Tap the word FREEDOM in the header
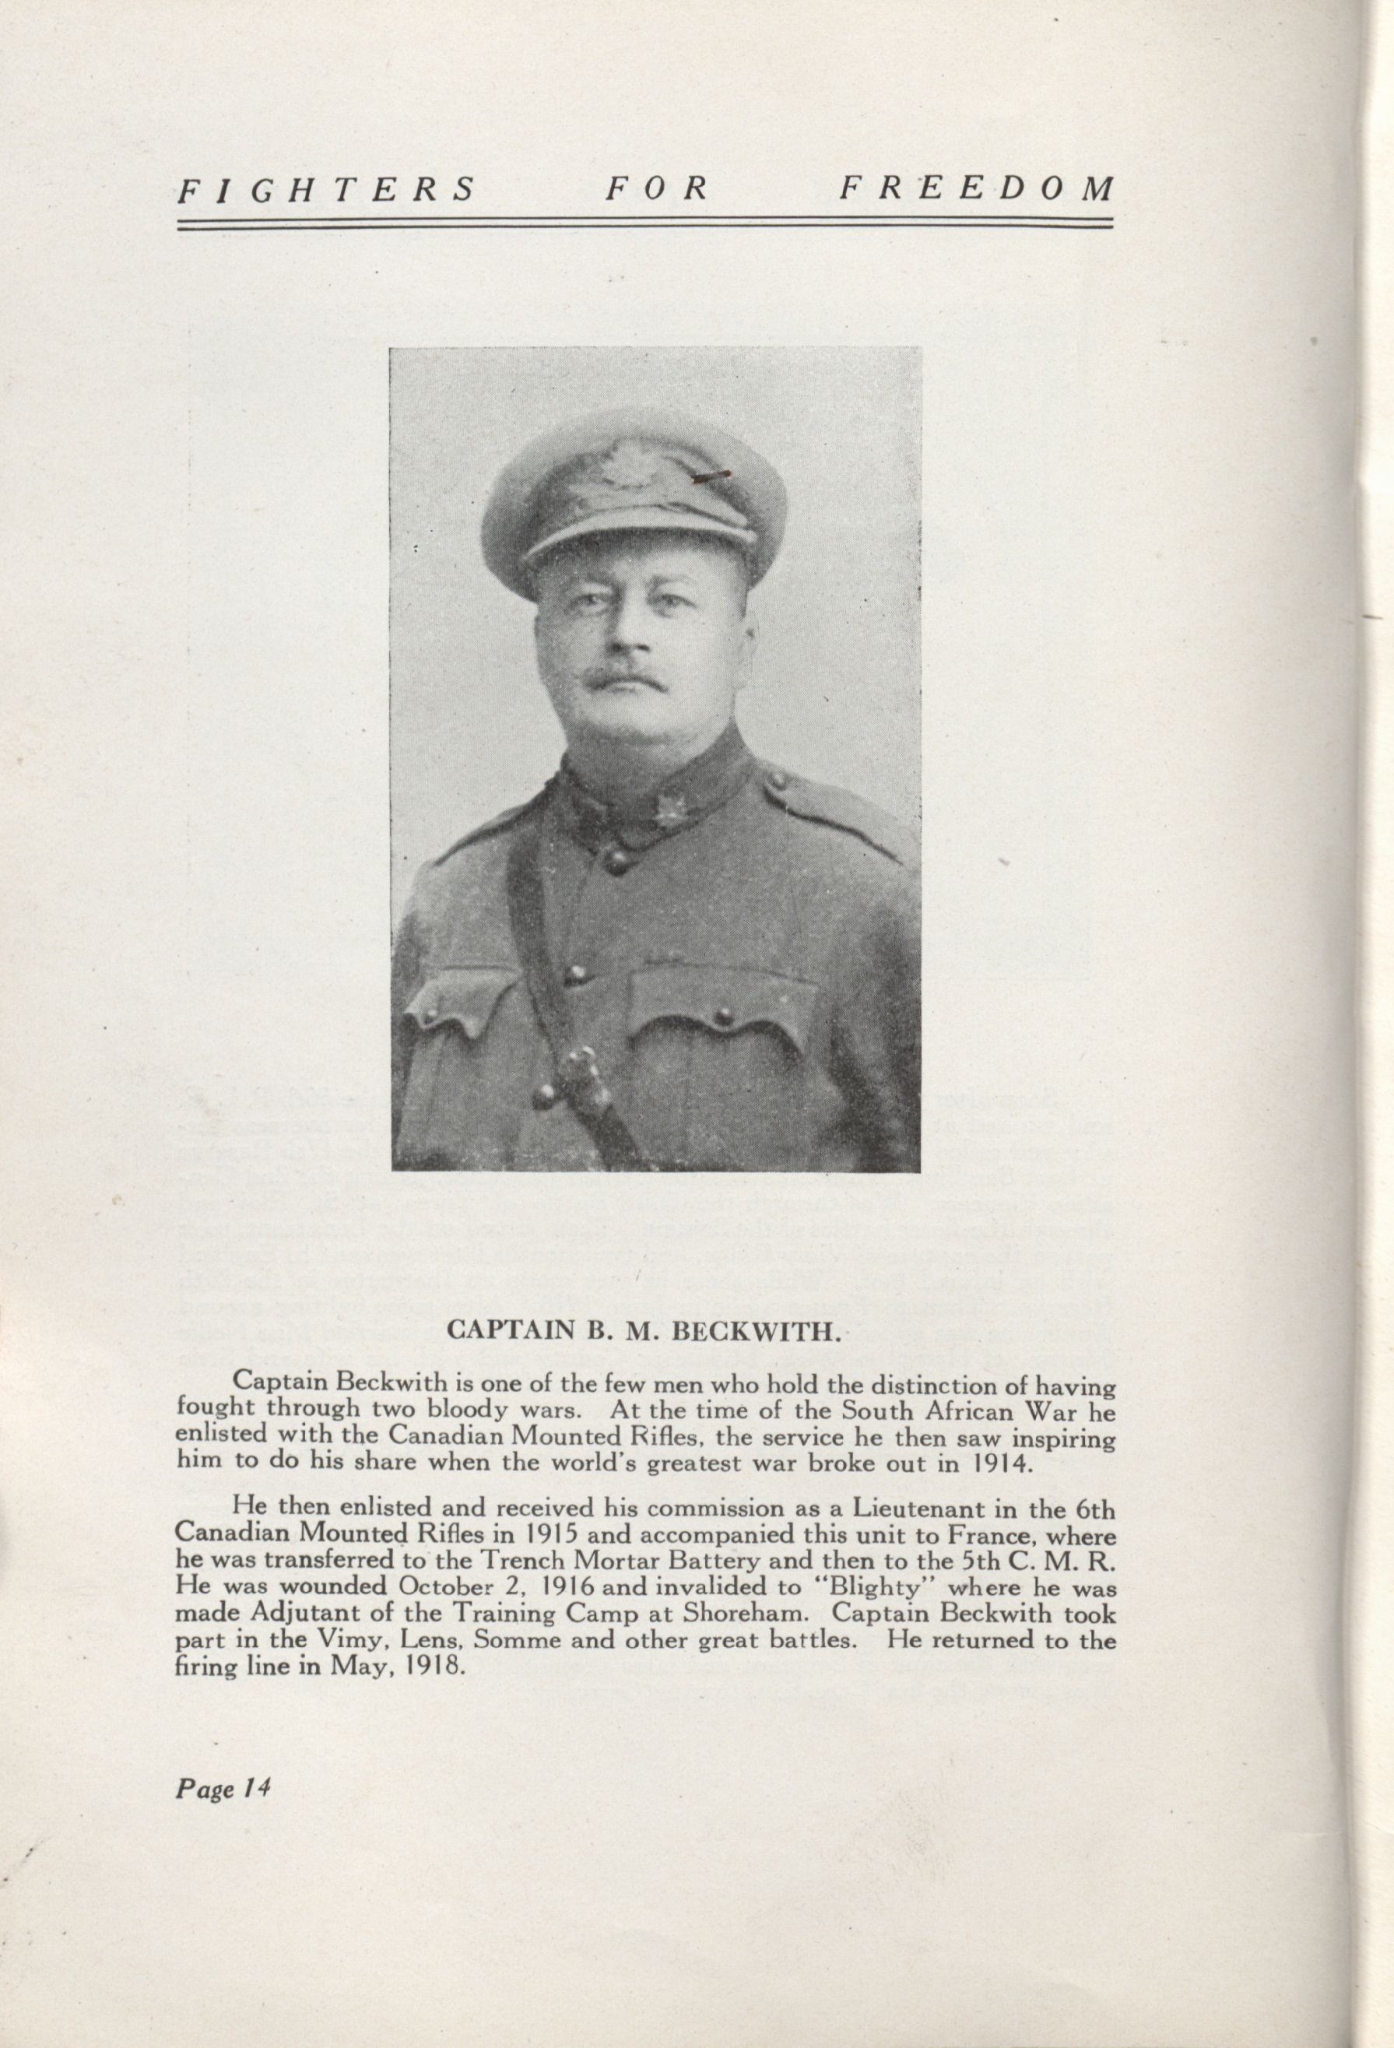(976, 189)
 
